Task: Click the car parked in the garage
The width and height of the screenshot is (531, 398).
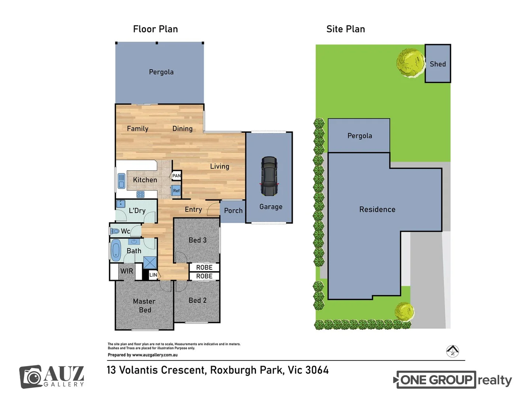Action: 269,176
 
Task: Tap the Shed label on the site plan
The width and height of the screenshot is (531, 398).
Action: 438,64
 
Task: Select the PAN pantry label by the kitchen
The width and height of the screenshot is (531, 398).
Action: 177,176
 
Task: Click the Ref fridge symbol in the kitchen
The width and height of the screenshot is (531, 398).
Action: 176,191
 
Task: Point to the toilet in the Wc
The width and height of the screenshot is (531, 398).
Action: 115,231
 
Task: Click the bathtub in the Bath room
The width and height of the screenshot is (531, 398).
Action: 116,250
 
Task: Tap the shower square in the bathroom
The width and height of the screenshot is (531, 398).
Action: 150,263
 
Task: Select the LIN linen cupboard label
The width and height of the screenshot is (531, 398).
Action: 153,275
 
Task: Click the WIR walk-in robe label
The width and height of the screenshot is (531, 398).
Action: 126,271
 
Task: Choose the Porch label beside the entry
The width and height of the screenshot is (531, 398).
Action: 233,211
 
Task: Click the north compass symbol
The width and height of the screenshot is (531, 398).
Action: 452,351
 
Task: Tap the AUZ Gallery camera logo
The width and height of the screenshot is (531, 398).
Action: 31,377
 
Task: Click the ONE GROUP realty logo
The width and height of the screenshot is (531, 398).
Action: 453,380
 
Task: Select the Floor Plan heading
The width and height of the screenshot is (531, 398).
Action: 155,29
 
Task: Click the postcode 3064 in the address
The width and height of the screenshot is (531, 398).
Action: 317,370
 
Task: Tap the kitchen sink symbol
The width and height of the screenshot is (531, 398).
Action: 121,181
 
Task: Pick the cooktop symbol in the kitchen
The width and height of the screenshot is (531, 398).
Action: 140,194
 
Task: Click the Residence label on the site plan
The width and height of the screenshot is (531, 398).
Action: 377,209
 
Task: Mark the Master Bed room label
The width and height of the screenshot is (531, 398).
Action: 144,306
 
